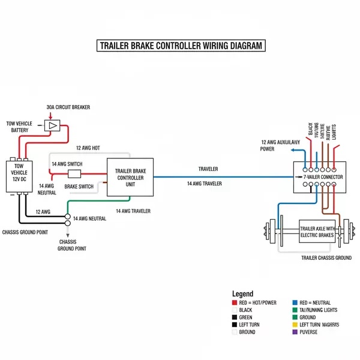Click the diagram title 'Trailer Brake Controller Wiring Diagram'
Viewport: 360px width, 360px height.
(x=180, y=46)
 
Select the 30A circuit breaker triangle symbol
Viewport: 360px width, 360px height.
(x=53, y=125)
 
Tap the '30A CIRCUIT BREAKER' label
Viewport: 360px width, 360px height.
(x=68, y=107)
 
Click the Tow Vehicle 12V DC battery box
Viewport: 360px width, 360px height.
(x=19, y=175)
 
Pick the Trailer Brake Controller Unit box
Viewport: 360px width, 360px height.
(x=130, y=178)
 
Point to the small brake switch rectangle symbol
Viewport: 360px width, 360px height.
(x=74, y=174)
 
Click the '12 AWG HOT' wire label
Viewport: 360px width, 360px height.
(x=88, y=148)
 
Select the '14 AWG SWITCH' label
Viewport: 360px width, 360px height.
(x=67, y=164)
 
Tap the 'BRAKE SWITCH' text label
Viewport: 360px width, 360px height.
(x=79, y=187)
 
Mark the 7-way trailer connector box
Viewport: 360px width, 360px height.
(x=319, y=178)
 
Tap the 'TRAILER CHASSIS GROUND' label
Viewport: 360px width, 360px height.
(x=326, y=257)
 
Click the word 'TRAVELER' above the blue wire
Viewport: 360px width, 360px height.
(x=208, y=169)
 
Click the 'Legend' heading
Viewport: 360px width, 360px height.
(x=242, y=293)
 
